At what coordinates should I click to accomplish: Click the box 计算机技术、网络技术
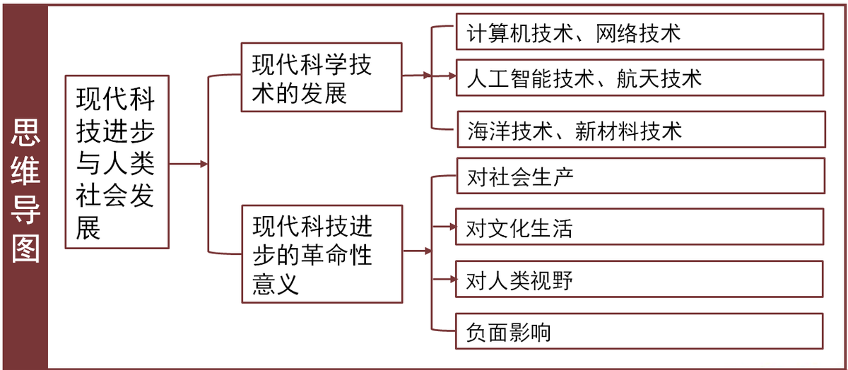(640, 32)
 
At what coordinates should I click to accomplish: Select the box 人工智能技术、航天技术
(640, 78)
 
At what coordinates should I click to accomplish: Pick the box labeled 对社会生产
(640, 176)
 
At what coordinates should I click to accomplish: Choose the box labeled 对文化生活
(640, 227)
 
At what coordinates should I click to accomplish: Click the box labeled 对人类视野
(640, 280)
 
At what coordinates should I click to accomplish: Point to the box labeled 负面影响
(640, 331)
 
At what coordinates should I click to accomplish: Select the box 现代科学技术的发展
(322, 77)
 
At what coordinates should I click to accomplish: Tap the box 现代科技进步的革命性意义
(322, 254)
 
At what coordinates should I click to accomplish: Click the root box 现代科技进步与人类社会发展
(117, 162)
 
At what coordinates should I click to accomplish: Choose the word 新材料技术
(629, 131)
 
